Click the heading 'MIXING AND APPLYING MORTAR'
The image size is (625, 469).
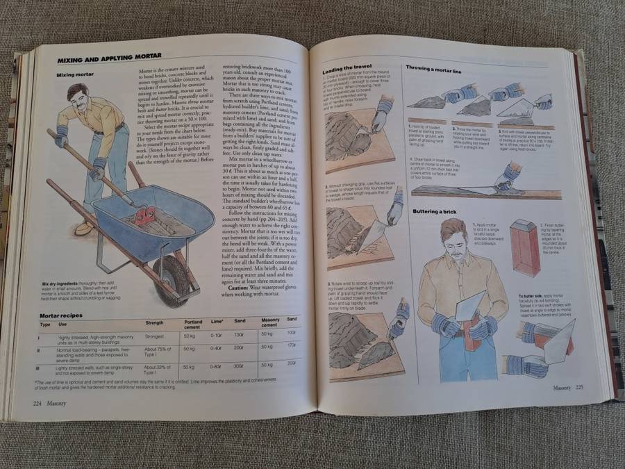[x=109, y=56]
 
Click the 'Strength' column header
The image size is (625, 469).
[x=154, y=324]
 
